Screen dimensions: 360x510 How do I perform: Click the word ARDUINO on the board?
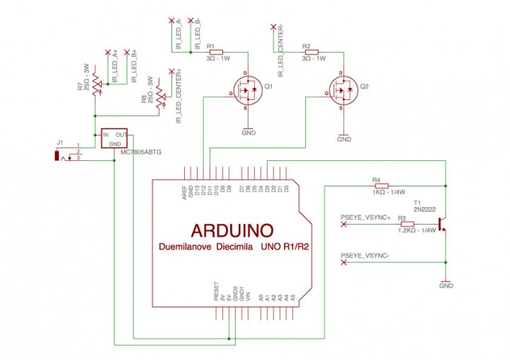(232, 230)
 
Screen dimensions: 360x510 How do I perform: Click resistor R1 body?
(215, 52)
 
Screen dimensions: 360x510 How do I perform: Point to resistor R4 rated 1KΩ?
(381, 186)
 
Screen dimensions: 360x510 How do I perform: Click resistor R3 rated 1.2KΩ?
(407, 223)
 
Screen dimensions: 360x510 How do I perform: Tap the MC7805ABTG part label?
(141, 152)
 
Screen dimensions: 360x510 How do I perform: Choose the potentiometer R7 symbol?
(95, 90)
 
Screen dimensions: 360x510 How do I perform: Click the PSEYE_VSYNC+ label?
(365, 216)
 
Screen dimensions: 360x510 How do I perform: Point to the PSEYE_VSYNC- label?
(365, 255)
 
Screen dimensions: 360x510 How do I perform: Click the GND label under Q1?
(249, 133)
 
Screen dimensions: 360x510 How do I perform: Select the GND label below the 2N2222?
(446, 286)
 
